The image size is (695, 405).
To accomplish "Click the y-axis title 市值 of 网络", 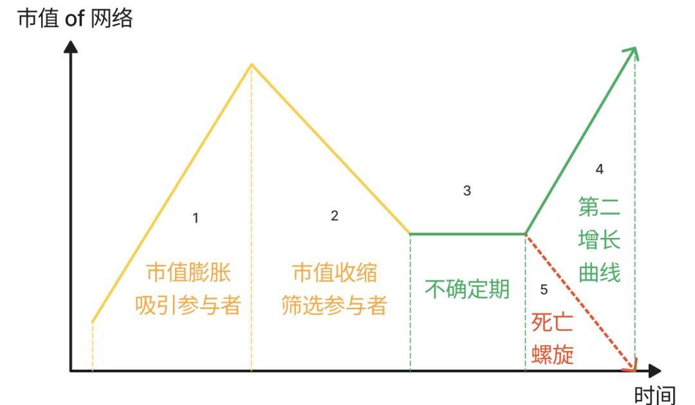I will (75, 19).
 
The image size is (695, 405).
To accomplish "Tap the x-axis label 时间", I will (655, 393).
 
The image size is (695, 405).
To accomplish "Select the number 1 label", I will (196, 219).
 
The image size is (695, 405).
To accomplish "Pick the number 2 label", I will (335, 216).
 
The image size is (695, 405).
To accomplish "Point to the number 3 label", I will (467, 190).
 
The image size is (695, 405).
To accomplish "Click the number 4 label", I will (600, 170).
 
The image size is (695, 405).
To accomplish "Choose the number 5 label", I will (544, 290).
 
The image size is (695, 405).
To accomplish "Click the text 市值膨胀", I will (188, 273).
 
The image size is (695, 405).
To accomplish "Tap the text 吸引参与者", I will (188, 305).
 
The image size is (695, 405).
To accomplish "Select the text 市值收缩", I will (335, 273).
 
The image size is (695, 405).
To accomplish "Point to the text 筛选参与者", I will (335, 305).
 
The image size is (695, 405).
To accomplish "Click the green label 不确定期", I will (467, 289).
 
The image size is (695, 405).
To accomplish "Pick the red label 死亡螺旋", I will (553, 338).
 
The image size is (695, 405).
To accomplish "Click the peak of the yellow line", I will (251, 64).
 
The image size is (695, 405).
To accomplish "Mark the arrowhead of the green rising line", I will (633, 51).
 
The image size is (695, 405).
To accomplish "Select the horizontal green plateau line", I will (468, 233).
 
